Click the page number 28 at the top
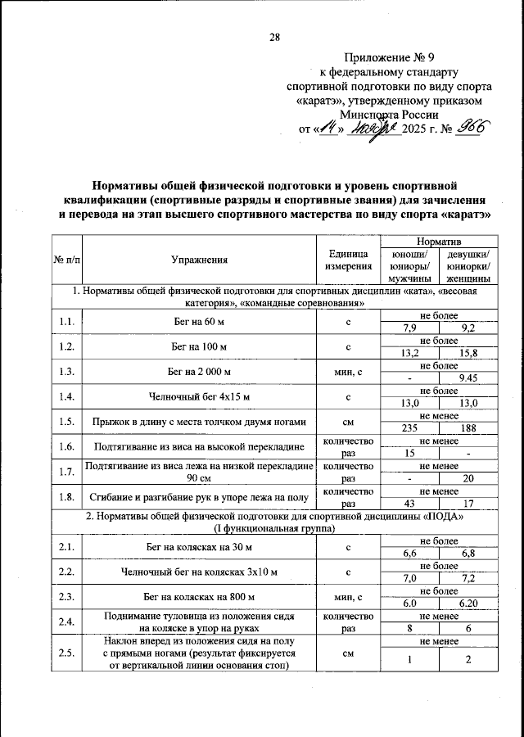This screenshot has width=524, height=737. [x=274, y=36]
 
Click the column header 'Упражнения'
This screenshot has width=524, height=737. [x=200, y=260]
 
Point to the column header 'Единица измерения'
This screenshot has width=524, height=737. [x=349, y=260]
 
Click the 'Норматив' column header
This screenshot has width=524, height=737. [x=439, y=243]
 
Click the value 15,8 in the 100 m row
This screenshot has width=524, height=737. [x=468, y=354]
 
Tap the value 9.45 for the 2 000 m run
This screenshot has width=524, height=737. [x=468, y=378]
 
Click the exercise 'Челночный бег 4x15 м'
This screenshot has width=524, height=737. [x=200, y=397]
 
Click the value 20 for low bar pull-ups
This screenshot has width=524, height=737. [x=468, y=477]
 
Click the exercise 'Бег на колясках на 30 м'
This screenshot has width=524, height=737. [x=200, y=546]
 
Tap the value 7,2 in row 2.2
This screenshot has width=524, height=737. [x=468, y=577]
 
